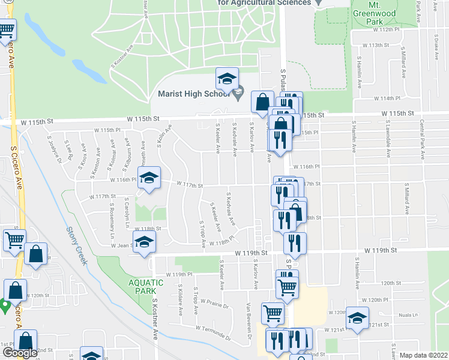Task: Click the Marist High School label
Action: [193, 94]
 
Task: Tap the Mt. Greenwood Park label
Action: [383, 13]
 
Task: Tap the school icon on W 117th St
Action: [149, 178]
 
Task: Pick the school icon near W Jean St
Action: [144, 243]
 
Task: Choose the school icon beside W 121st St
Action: [357, 318]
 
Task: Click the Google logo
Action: [20, 353]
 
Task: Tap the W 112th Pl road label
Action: [385, 29]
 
